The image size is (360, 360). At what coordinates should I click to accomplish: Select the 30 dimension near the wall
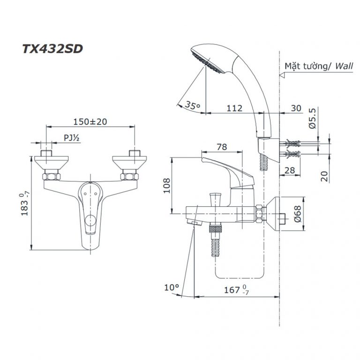pos(296,108)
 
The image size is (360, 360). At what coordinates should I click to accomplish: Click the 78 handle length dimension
pos(222,147)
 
